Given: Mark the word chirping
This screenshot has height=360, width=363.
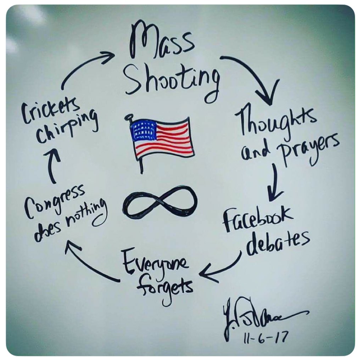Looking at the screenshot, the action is (68, 128).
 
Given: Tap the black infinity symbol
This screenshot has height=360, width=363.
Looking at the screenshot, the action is (160, 202).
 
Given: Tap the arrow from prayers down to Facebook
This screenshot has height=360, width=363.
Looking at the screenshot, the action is (275, 180).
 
